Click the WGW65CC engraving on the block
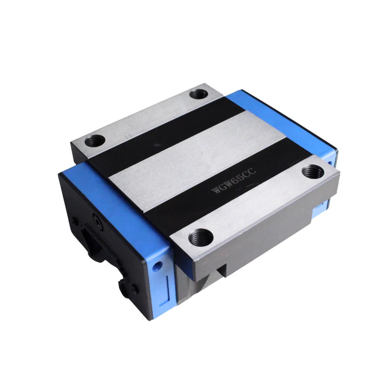(233, 182)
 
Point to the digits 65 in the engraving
(234, 181)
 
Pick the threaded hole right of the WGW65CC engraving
(313, 171)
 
